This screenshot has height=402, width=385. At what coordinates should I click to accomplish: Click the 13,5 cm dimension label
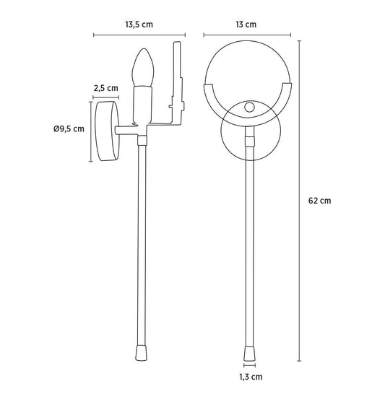point(139,25)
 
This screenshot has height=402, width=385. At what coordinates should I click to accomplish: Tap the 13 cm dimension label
point(246,25)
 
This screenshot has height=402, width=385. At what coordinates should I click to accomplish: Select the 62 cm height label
point(319,201)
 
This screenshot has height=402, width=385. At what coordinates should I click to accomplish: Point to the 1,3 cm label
point(251,377)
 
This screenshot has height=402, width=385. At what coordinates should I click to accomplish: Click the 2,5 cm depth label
point(105,88)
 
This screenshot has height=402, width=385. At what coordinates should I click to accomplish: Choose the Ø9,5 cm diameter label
point(69,128)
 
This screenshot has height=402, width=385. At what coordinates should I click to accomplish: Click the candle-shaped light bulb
point(143,67)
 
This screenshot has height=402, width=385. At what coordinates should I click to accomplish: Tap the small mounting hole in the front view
point(249,107)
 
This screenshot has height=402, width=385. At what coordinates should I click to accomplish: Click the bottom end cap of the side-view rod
point(142,354)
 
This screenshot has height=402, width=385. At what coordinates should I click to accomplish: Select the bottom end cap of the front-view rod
point(249,354)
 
